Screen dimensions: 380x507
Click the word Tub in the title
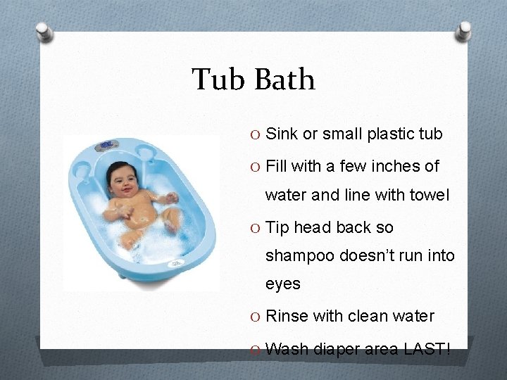tap(218, 80)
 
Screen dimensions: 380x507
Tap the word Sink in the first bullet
tap(282, 134)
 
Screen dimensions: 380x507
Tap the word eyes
tap(283, 284)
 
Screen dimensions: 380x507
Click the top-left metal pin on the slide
tap(45, 32)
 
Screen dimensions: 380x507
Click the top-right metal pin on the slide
tap(465, 30)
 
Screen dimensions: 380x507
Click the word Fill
tap(278, 167)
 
